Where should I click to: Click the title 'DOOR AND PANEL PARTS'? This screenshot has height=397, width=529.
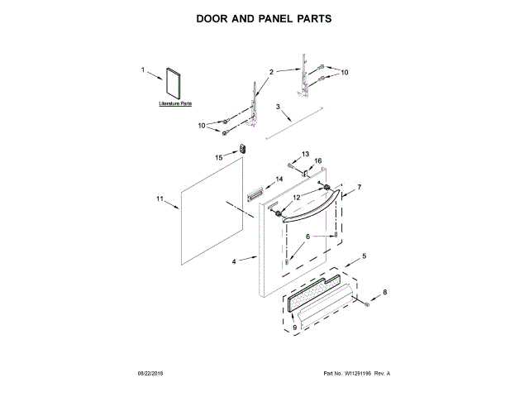tap(264, 17)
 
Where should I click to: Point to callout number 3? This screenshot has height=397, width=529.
tap(278, 107)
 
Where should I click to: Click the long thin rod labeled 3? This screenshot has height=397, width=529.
tap(293, 123)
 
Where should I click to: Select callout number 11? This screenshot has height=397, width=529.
tap(160, 198)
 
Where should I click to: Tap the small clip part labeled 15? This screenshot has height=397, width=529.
tap(243, 149)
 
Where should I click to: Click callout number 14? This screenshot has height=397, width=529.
tap(279, 179)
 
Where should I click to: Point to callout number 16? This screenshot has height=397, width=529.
tap(317, 160)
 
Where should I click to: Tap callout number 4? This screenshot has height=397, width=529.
tap(234, 261)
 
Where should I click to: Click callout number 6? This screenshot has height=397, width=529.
tap(308, 236)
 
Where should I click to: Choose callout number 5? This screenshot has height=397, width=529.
tap(365, 256)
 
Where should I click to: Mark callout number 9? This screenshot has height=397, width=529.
tap(293, 328)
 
